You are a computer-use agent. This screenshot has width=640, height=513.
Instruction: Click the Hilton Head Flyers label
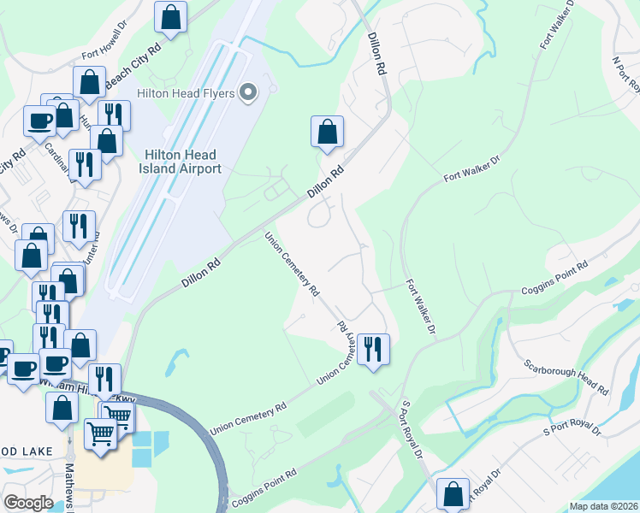(x=185, y=92)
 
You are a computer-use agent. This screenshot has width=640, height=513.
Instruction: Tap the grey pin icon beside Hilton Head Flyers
(x=249, y=92)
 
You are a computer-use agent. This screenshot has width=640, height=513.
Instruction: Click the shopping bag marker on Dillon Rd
(x=327, y=133)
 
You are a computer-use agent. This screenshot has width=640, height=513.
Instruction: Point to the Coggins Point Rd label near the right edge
(x=555, y=279)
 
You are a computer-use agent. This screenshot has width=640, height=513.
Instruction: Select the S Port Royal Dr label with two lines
(x=412, y=433)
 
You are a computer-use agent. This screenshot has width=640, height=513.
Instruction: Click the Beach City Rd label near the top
(x=133, y=66)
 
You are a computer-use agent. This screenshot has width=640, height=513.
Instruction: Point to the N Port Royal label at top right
(x=627, y=74)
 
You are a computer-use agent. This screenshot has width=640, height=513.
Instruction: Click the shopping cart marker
(x=101, y=433)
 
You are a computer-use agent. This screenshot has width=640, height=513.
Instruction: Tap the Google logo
(x=28, y=502)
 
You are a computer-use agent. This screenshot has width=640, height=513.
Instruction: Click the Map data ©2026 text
(x=603, y=506)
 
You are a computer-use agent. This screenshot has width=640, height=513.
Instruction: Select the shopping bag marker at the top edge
(x=171, y=17)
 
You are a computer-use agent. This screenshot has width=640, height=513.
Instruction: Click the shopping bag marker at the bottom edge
(x=453, y=494)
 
